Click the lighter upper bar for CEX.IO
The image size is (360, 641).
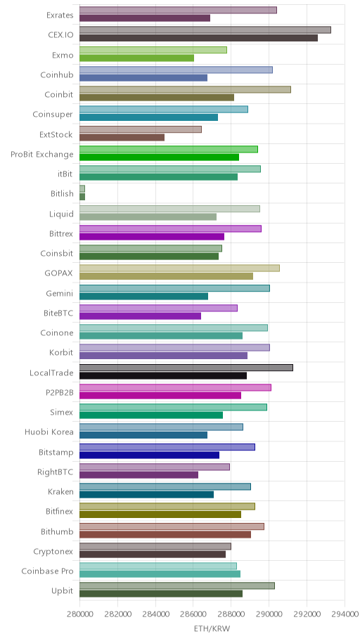(205, 30)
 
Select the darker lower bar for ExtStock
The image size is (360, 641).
(122, 137)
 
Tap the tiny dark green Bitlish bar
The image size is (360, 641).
(82, 197)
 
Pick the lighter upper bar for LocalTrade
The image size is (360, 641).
(186, 368)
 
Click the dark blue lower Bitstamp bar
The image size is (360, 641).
(149, 455)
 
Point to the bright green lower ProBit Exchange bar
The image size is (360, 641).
(159, 157)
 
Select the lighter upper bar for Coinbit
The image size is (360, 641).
(185, 89)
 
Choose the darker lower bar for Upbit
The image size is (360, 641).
(161, 594)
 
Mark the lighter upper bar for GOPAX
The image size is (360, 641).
(179, 268)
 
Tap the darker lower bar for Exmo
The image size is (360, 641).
(136, 58)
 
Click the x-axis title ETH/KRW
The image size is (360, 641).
(212, 628)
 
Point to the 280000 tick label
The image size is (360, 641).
(79, 614)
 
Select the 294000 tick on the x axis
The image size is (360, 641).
(345, 614)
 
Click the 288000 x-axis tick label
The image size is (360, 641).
(231, 614)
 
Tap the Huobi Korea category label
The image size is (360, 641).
(49, 432)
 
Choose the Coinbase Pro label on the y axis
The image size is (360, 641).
(47, 571)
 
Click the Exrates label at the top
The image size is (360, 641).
(60, 15)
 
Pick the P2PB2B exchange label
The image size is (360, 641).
(60, 392)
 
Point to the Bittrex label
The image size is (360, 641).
(60, 233)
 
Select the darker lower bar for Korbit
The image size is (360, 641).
(163, 356)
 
